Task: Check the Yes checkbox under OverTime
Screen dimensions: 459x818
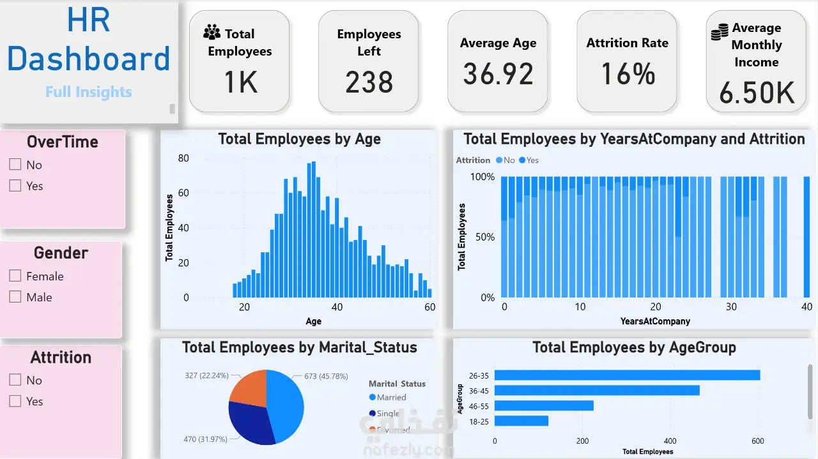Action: pos(15,186)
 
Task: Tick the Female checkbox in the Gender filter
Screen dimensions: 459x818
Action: pos(15,276)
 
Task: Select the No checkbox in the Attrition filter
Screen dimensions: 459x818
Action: pos(15,380)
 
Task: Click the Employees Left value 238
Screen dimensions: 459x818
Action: pos(369,82)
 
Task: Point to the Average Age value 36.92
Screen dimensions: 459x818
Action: pos(498,73)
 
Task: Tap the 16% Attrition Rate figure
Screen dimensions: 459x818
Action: pos(628,73)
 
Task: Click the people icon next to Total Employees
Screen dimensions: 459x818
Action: pos(212,33)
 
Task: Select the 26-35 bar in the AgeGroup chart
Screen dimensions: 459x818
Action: pos(627,375)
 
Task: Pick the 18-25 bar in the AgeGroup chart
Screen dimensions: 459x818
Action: pos(521,421)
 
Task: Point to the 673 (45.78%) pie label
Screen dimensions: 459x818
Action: pos(326,377)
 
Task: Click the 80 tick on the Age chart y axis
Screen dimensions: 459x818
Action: pos(183,158)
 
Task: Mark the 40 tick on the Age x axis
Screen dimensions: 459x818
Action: pos(337,307)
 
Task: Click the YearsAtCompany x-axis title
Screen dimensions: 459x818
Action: pos(655,321)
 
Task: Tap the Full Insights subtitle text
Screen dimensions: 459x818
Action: pos(88,92)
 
